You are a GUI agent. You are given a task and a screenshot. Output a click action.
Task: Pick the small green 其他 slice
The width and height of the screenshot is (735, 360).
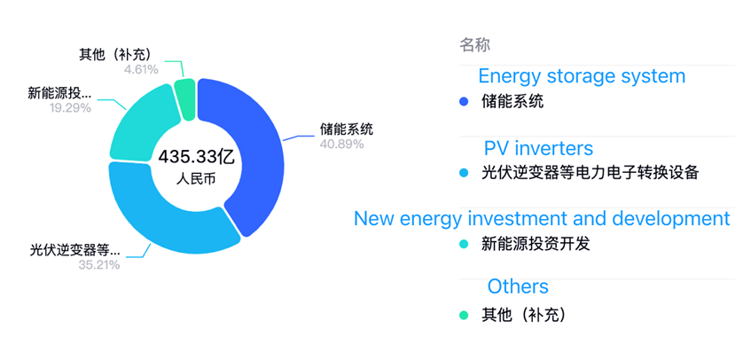click(x=184, y=99)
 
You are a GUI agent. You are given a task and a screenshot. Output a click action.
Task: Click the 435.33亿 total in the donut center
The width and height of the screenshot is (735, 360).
click(x=196, y=157)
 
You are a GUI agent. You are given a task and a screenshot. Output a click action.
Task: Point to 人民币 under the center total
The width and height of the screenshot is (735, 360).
click(x=196, y=179)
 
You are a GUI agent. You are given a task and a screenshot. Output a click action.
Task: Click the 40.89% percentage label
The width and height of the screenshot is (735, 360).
click(x=341, y=144)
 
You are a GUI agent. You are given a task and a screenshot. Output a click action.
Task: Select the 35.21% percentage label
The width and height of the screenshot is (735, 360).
click(x=99, y=265)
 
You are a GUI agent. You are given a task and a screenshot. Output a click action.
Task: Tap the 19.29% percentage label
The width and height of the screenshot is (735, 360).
click(x=70, y=108)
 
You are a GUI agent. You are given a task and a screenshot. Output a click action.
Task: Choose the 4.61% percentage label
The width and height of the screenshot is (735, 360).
click(x=141, y=70)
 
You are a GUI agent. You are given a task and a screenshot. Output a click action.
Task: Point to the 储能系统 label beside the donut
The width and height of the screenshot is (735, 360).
click(x=347, y=129)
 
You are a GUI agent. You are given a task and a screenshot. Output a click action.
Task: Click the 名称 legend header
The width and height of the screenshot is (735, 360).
click(x=475, y=45)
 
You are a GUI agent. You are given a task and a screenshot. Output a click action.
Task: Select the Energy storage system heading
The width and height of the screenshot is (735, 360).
click(x=582, y=76)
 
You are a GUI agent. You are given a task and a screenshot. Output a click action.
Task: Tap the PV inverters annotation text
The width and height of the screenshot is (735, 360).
click(x=538, y=149)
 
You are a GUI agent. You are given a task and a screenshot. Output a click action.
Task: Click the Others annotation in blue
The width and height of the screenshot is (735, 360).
click(x=518, y=286)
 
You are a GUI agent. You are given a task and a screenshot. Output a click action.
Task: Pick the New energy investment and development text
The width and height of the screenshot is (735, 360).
click(x=542, y=218)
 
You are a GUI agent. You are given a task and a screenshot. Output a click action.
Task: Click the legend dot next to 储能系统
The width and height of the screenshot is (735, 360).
click(x=464, y=101)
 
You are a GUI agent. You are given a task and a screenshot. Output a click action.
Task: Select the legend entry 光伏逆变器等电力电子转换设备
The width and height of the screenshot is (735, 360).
click(x=590, y=173)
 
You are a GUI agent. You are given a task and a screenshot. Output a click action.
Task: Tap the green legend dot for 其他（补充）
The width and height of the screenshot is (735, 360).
click(x=464, y=316)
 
